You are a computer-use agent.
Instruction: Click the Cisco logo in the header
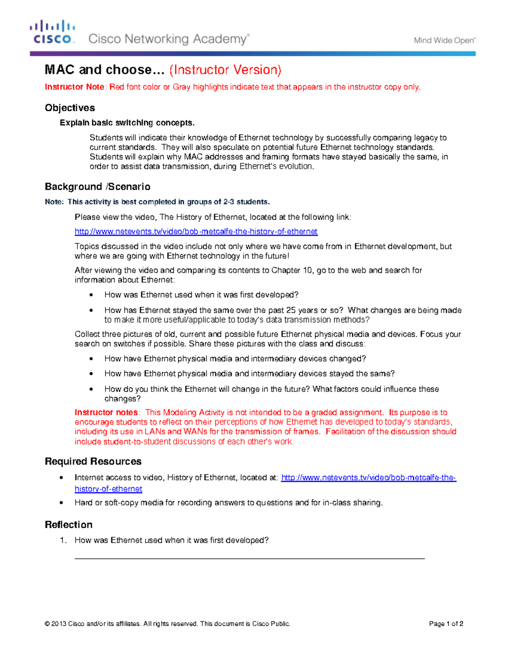tap(52, 32)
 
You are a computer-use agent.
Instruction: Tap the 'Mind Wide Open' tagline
tap(444, 41)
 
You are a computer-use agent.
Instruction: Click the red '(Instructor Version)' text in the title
tap(225, 70)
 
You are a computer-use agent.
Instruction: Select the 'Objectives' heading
tap(70, 108)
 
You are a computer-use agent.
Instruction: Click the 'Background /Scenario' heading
tap(97, 187)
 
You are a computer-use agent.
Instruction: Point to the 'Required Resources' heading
tap(93, 461)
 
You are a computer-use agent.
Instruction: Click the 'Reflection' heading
tap(69, 525)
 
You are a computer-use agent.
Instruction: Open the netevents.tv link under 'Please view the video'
tap(196, 231)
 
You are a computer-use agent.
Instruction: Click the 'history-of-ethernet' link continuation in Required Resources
tap(108, 489)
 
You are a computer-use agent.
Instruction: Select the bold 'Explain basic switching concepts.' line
tap(127, 123)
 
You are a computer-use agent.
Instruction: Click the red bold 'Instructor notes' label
tap(106, 412)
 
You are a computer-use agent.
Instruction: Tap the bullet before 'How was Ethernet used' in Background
tap(91, 295)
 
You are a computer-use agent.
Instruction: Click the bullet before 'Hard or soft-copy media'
tap(62, 503)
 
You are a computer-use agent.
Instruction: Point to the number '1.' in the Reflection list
tap(63, 540)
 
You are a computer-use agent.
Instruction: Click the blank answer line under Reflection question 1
tap(249, 558)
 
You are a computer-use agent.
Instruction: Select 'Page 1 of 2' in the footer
tap(446, 624)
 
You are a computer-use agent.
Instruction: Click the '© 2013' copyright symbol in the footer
tap(47, 624)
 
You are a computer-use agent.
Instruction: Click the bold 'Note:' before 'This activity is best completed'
tap(54, 202)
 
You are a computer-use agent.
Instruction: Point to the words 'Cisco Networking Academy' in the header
tap(168, 39)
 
